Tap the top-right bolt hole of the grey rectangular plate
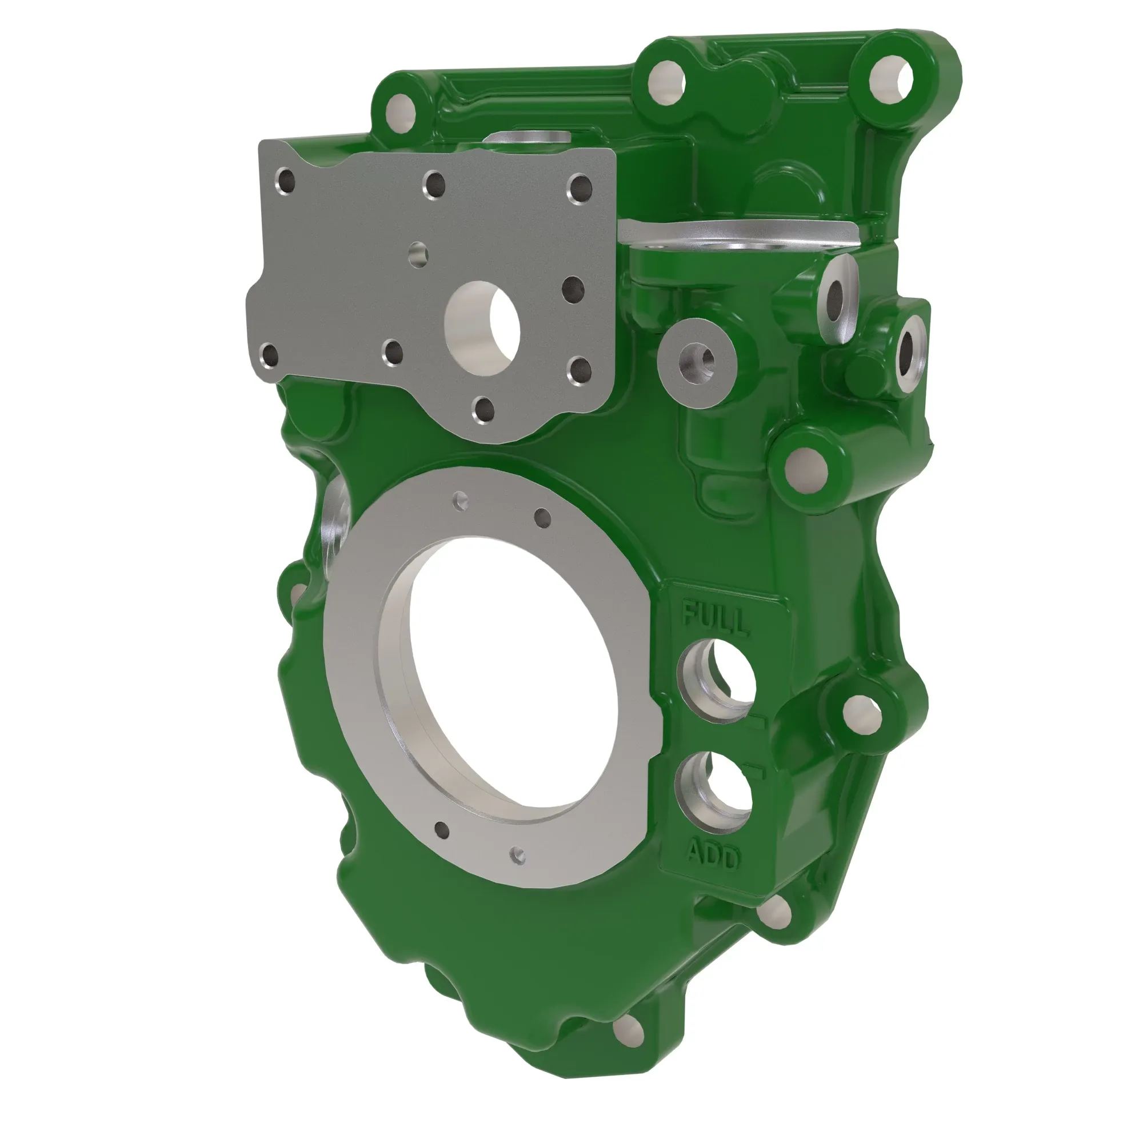click(579, 187)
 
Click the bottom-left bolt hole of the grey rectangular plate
click(270, 355)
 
